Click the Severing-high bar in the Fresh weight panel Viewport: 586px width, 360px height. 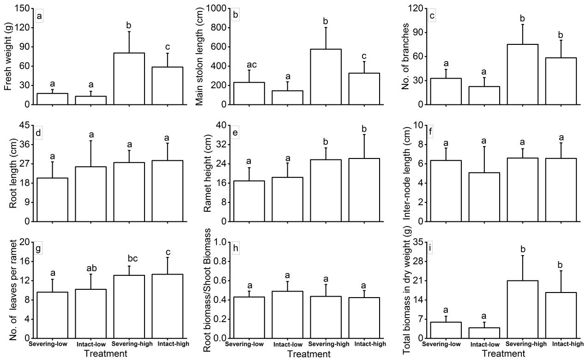[129, 79]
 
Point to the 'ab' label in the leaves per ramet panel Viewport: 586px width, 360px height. [91, 269]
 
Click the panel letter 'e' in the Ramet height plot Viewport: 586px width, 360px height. [236, 134]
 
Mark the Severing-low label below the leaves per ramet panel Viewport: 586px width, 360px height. [52, 344]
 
